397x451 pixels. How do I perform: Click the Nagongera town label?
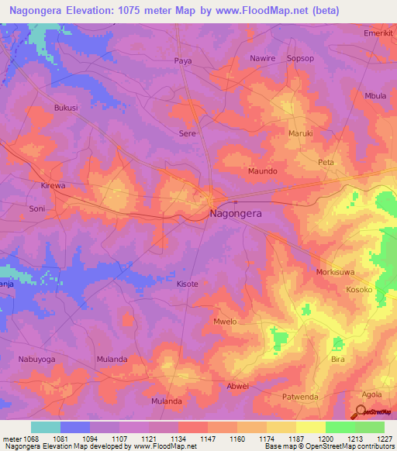(236, 215)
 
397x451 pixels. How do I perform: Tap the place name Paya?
(183, 60)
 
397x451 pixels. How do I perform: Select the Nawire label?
(262, 58)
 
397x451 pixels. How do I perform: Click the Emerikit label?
(378, 34)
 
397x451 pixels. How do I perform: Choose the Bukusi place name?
(66, 108)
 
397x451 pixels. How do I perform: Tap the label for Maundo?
(262, 170)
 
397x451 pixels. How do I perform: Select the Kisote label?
(188, 284)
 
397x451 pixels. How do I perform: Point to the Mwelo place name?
(223, 321)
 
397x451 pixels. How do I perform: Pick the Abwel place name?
(237, 386)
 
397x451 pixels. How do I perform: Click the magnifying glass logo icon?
(361, 411)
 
